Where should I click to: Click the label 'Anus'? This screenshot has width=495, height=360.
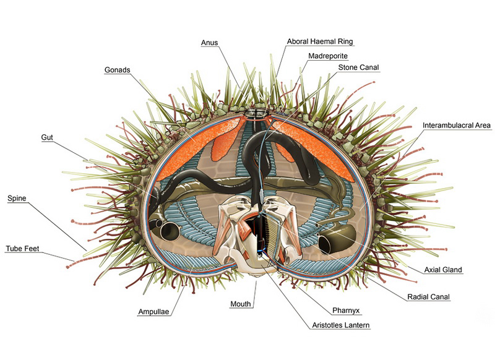(209, 43)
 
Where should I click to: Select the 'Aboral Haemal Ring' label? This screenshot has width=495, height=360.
(320, 41)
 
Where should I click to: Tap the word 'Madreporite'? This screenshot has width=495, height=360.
(328, 56)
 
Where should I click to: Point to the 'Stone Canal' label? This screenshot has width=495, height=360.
(358, 67)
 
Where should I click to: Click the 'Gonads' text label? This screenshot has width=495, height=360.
(117, 70)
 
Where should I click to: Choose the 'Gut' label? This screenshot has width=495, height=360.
(47, 137)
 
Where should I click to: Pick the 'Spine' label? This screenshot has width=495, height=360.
(17, 198)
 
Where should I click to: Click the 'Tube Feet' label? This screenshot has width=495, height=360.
(22, 249)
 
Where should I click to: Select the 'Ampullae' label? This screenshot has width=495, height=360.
(153, 312)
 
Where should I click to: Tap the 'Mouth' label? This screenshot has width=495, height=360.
(241, 304)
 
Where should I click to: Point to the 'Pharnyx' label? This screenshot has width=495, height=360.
(346, 311)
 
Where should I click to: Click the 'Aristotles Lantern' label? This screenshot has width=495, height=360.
(341, 325)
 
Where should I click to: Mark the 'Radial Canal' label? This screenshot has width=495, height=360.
(428, 297)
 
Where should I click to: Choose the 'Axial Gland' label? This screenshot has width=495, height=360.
(443, 270)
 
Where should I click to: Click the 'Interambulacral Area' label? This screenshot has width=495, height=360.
(457, 126)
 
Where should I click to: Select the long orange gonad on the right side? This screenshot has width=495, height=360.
(312, 148)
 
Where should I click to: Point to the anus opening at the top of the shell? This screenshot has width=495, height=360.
(256, 113)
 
